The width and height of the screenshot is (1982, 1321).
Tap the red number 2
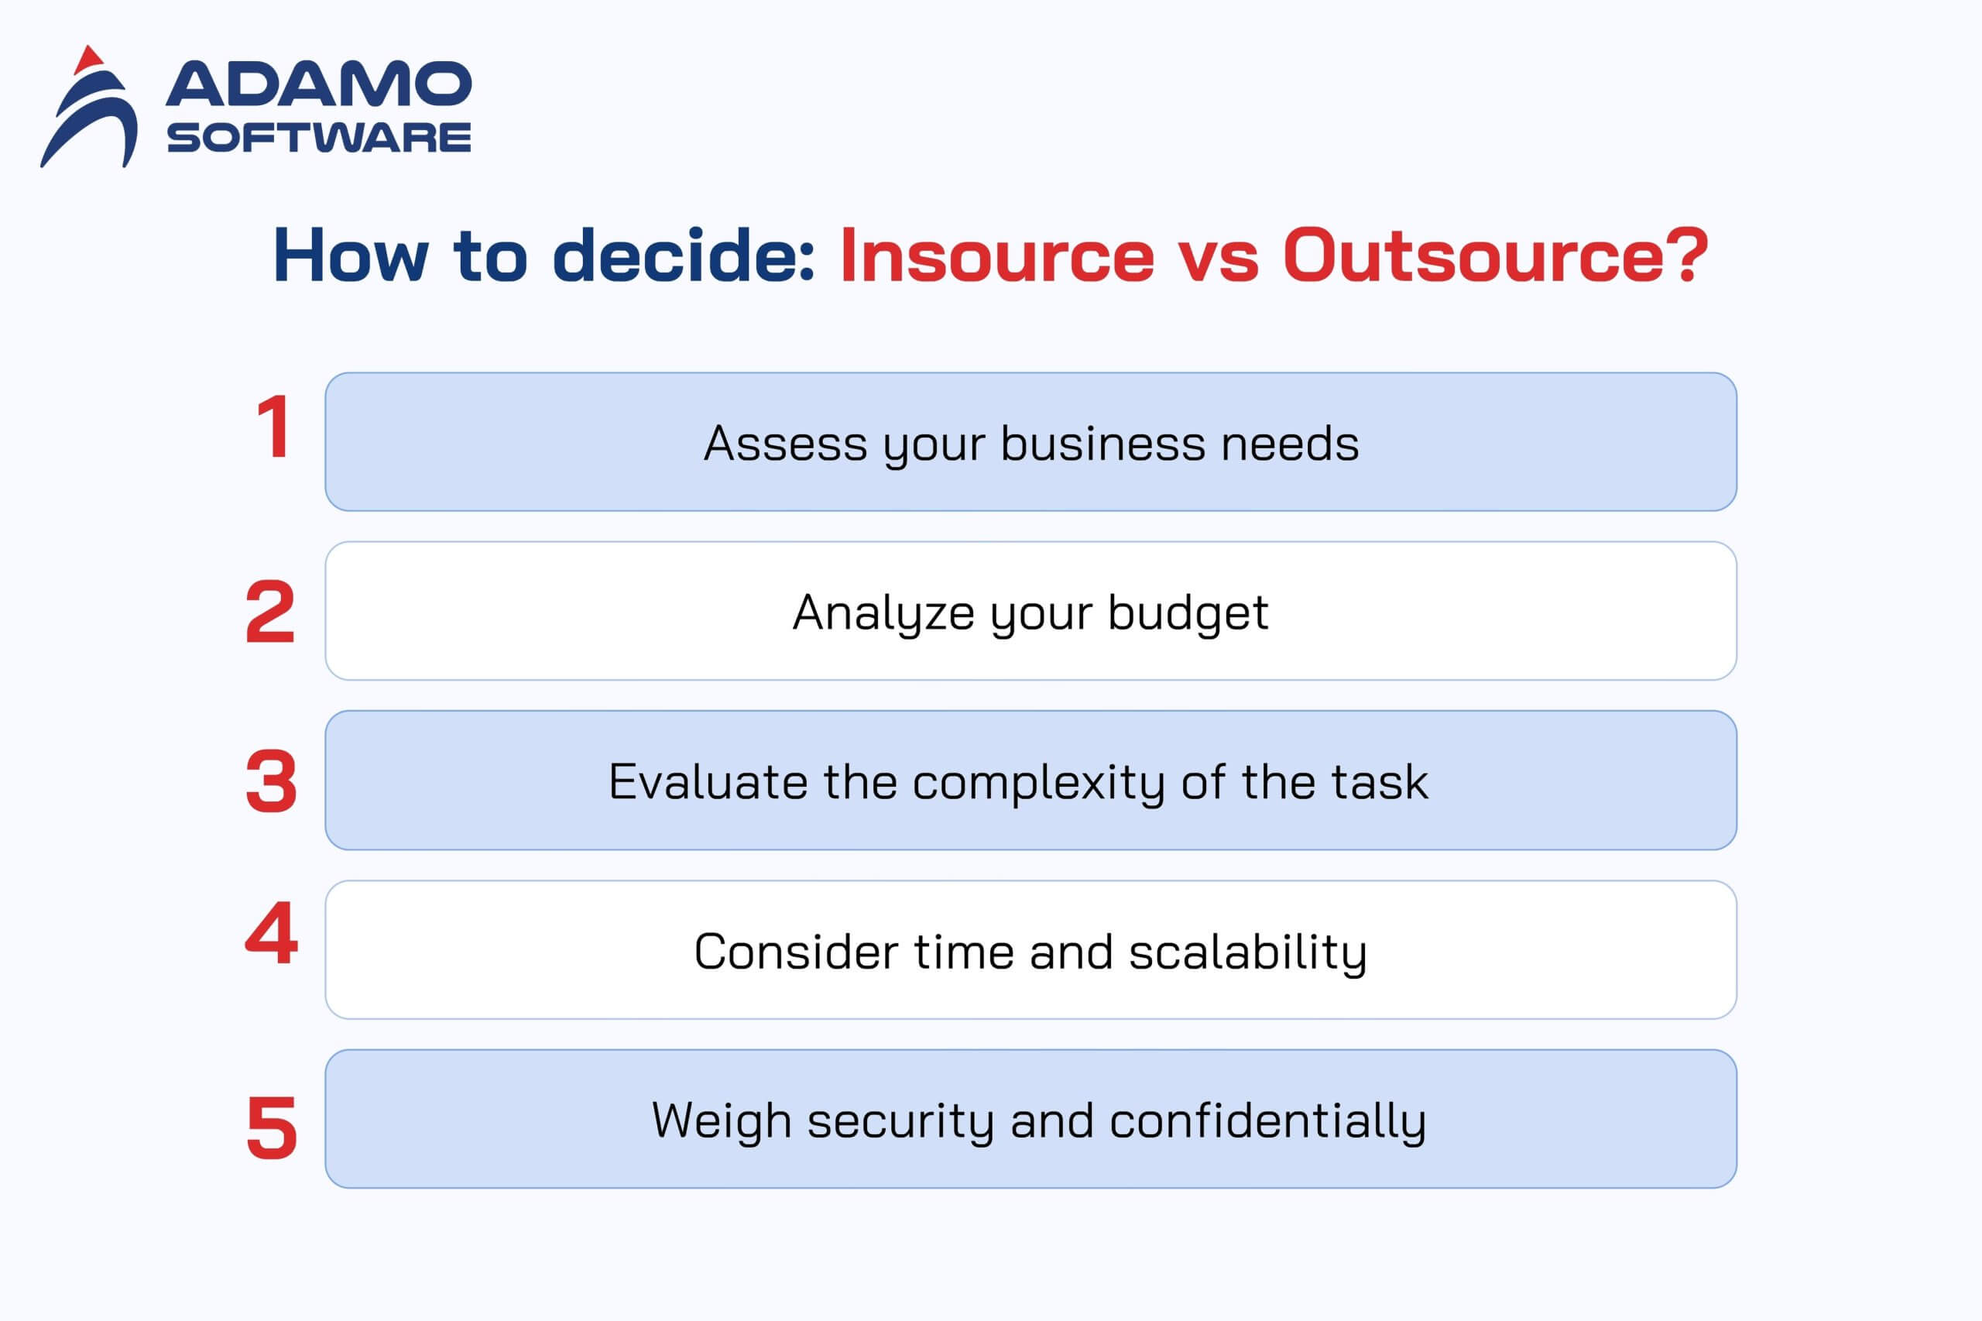click(x=270, y=612)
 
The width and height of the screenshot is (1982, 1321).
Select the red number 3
click(x=271, y=781)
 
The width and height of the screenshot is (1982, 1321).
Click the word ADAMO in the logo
click(x=319, y=84)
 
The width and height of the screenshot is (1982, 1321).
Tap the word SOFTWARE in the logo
click(x=319, y=137)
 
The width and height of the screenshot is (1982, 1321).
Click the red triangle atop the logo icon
click(x=88, y=60)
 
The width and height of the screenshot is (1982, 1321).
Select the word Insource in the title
click(x=997, y=256)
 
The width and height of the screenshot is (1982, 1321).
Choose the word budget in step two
click(x=1188, y=613)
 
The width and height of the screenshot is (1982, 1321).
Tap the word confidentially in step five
click(x=1267, y=1122)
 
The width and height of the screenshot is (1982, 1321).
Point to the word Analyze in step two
click(x=883, y=613)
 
